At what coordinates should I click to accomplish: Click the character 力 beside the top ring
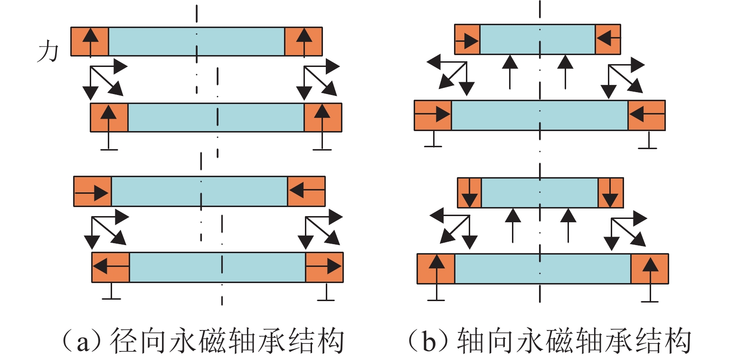47,52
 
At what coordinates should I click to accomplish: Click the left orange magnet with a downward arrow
469,192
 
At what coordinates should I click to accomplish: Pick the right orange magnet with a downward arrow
610,192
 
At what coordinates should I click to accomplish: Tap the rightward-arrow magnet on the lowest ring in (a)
324,267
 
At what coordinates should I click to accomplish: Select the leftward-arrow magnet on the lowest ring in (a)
111,267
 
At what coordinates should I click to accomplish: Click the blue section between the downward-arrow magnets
540,192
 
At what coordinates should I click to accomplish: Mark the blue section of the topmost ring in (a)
197,41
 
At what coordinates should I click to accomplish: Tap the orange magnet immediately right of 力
90,41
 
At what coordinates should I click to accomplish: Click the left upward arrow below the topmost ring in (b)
510,71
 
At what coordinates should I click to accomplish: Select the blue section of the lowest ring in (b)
543,269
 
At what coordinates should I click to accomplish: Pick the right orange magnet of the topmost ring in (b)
607,38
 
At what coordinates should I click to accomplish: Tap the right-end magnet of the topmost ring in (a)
303,41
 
